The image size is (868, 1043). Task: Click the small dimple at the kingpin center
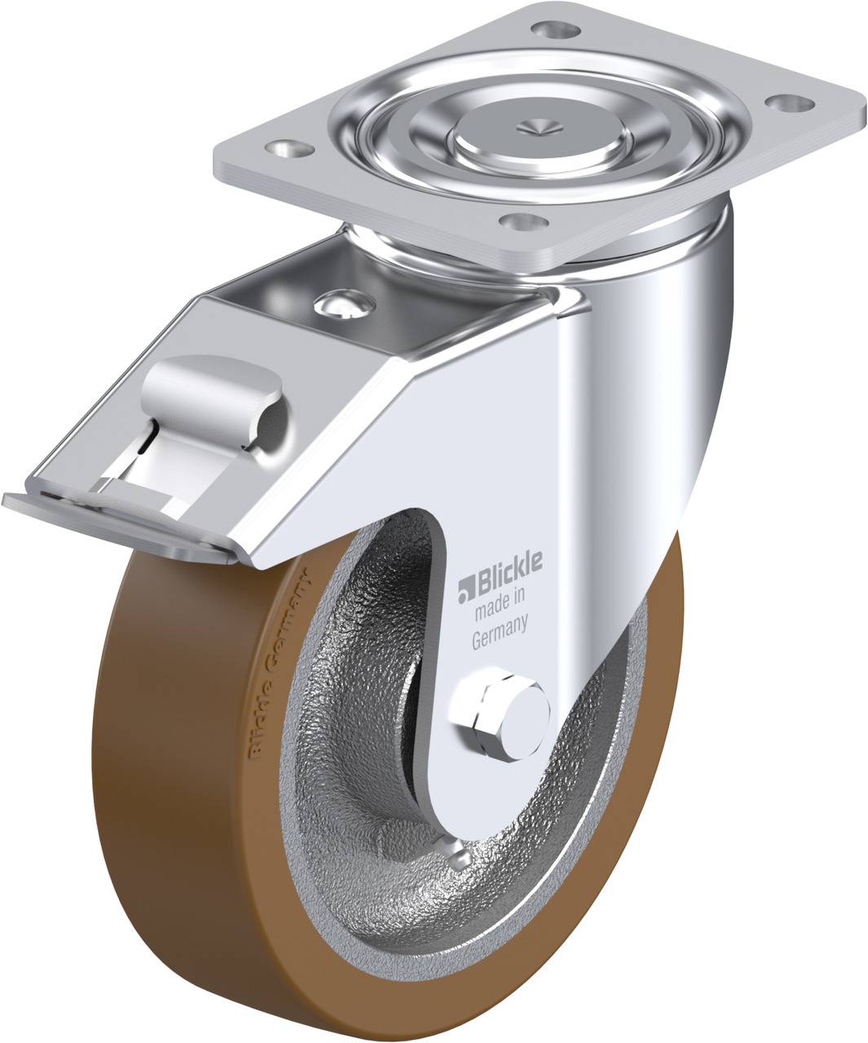pyautogui.click(x=537, y=125)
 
